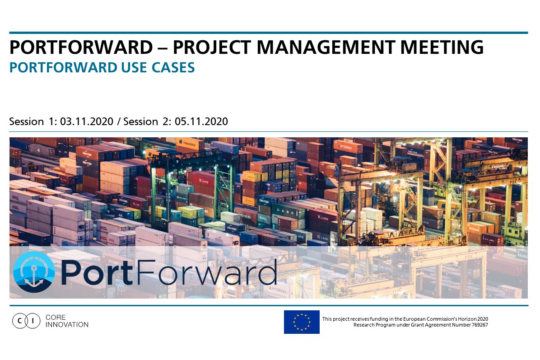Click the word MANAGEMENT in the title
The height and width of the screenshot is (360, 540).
pos(326,47)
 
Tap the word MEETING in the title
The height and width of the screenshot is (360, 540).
pos(442,47)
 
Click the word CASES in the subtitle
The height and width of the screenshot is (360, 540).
pos(173,67)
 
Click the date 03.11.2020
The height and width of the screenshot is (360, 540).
pos(87,122)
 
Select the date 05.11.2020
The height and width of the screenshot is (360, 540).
pos(201,122)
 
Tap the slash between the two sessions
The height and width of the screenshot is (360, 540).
pos(119,122)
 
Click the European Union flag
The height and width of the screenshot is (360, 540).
pos(302,322)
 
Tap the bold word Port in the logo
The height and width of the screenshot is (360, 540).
pos(97,272)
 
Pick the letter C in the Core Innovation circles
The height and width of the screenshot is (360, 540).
pos(19,321)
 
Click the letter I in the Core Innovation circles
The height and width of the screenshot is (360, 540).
pos(33,321)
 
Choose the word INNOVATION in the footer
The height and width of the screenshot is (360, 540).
pos(67,324)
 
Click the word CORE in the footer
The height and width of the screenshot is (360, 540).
pos(56,317)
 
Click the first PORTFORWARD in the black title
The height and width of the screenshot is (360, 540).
pos(81,47)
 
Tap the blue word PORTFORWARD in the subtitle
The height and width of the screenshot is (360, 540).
pos(63,67)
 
